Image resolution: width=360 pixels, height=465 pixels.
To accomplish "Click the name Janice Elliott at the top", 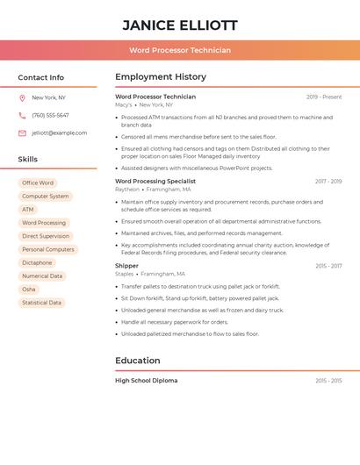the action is (180, 25).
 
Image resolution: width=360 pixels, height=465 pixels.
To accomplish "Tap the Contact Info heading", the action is (41, 77).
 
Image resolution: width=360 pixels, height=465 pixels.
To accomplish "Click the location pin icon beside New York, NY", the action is (22, 97).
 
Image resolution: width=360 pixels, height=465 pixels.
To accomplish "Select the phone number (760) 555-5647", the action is (50, 115).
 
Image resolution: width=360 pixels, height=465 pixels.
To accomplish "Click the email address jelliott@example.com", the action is (59, 132).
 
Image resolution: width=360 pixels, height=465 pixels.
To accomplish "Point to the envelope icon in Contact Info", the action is (22, 132).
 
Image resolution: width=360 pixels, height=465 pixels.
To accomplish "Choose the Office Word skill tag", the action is (38, 183).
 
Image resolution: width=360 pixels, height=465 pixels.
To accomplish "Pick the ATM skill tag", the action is (28, 210).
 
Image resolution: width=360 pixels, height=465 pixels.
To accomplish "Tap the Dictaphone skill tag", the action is (37, 262).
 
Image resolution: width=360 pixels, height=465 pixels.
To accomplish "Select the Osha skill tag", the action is (29, 289).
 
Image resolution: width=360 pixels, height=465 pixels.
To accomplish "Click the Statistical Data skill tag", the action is (41, 303).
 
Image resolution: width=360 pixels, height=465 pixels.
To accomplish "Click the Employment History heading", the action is (161, 76).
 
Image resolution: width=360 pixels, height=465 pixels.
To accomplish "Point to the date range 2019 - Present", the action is (324, 97).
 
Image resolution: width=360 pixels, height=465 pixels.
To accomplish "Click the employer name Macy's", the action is (124, 104).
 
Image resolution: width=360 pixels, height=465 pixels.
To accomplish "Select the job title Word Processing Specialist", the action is (155, 181).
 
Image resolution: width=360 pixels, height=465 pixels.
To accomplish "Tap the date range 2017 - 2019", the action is (328, 181).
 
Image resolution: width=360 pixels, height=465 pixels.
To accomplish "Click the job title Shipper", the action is (126, 265).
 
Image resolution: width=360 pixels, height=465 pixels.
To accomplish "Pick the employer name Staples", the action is (125, 273).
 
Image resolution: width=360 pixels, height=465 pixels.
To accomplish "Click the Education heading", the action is (138, 360).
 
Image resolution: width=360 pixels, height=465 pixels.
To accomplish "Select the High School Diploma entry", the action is (146, 381).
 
